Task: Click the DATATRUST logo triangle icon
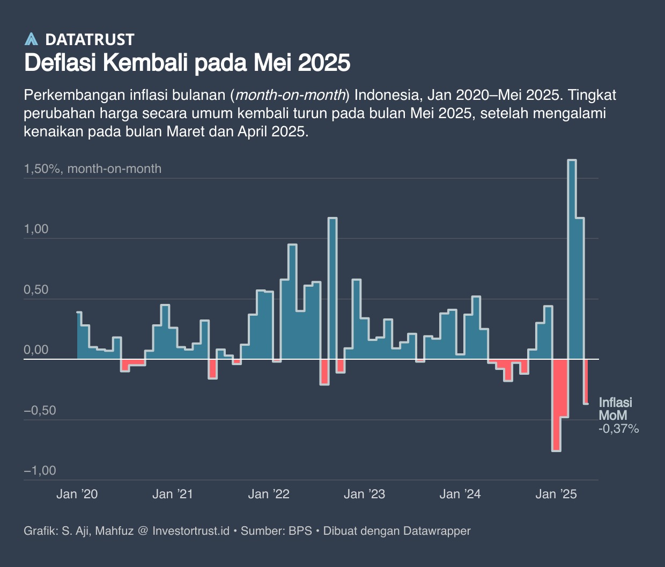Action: (32, 39)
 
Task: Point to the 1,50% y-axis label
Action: (42, 169)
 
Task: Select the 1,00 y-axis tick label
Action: (36, 229)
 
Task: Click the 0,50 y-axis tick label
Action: (36, 290)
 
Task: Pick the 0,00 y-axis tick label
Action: (36, 350)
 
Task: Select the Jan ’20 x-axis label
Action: (77, 494)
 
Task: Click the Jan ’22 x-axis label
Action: (269, 494)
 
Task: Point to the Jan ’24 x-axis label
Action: (460, 494)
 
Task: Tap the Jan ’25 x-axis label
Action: (556, 494)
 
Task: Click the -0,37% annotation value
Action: (619, 428)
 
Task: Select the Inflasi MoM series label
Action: (615, 409)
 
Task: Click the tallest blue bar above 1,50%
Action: (572, 258)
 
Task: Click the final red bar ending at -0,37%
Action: (586, 381)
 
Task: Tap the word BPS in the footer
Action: (300, 531)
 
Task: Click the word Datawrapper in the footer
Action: (437, 531)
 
